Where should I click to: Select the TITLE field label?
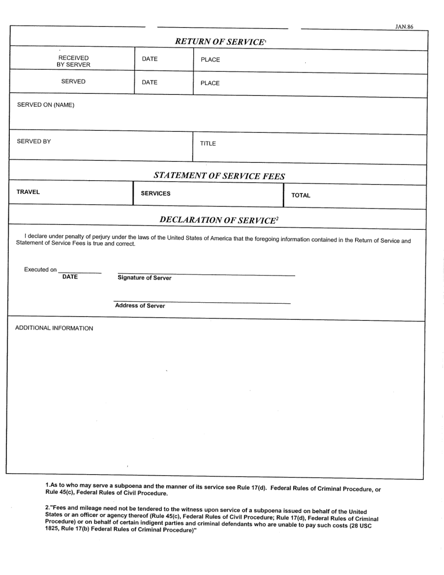208,144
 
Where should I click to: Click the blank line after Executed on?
79,272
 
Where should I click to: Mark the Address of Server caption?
140,305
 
